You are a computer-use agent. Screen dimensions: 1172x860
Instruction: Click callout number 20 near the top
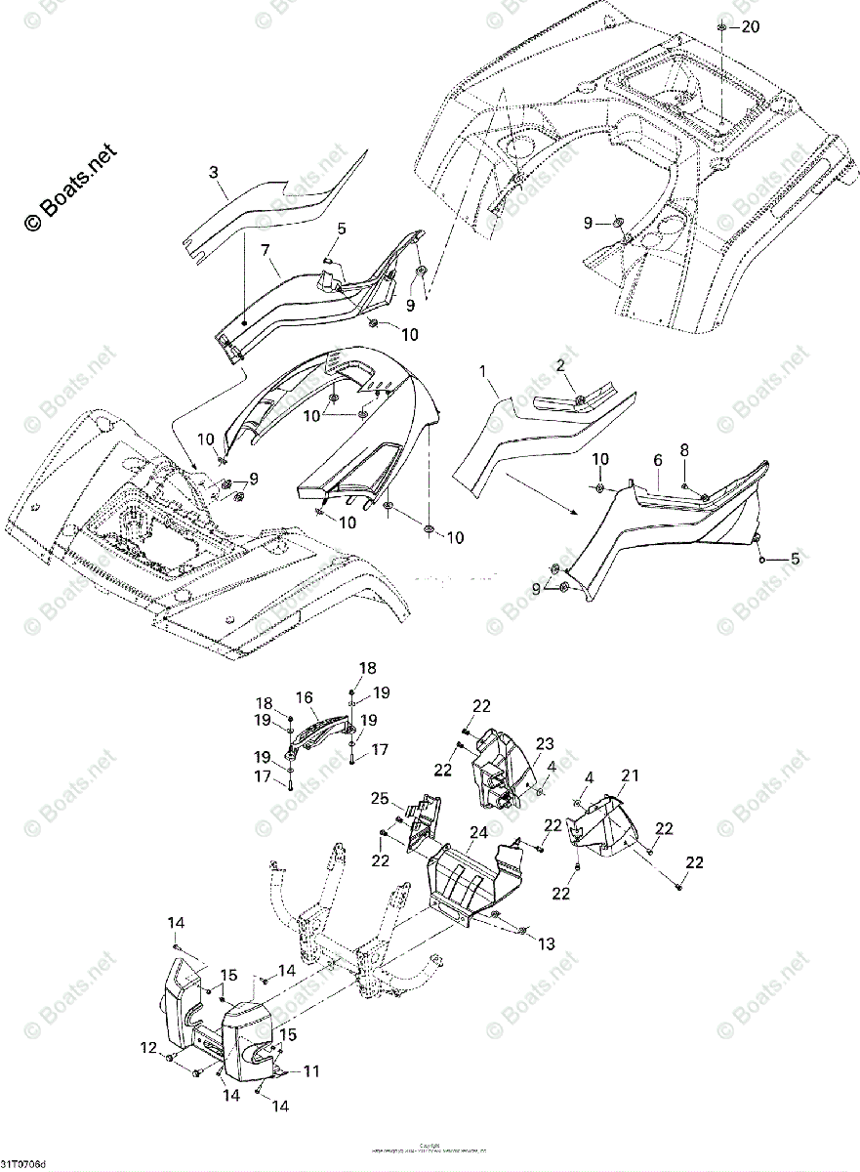point(749,27)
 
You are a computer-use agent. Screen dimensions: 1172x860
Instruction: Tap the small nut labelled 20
point(721,27)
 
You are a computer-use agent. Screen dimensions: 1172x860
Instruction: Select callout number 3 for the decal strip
point(214,174)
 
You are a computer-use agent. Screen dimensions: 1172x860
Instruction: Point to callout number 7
point(265,252)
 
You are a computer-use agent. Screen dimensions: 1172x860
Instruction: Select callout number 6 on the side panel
point(657,458)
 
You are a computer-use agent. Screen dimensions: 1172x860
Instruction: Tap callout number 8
point(683,450)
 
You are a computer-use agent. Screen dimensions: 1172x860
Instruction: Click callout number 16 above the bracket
point(304,697)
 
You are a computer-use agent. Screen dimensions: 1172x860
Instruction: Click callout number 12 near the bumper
point(147,1048)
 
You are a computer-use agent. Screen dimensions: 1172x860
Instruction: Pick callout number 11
point(310,1071)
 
